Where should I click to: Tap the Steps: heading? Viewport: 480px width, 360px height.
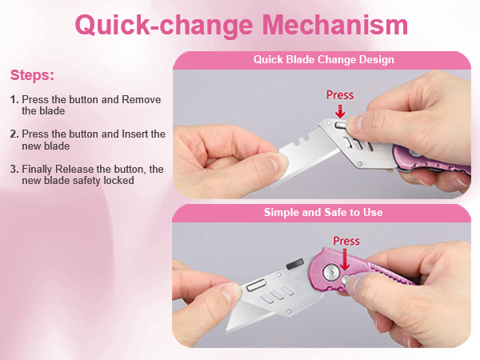tap(32, 75)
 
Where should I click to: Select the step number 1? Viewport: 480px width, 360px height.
tap(14, 100)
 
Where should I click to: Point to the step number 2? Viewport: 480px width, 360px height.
tap(14, 134)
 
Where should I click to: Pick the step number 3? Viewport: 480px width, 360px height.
tap(14, 170)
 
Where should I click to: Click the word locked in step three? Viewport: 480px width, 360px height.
tap(118, 181)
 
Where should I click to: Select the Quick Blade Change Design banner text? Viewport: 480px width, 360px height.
tap(323, 59)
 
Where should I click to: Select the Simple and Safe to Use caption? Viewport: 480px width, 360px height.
tap(323, 212)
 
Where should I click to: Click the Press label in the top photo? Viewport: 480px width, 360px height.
tap(340, 95)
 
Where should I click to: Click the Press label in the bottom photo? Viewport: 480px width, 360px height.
tap(346, 240)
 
